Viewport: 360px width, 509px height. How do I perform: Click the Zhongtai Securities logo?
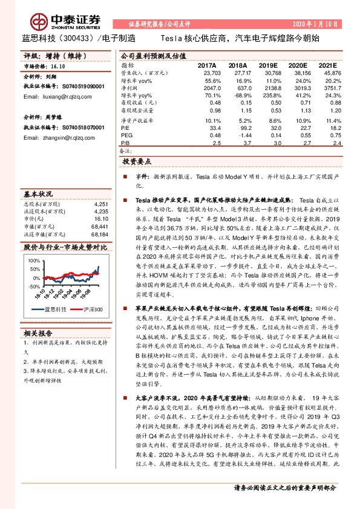(x=53, y=18)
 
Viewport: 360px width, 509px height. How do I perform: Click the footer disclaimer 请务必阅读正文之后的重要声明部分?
(x=285, y=487)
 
